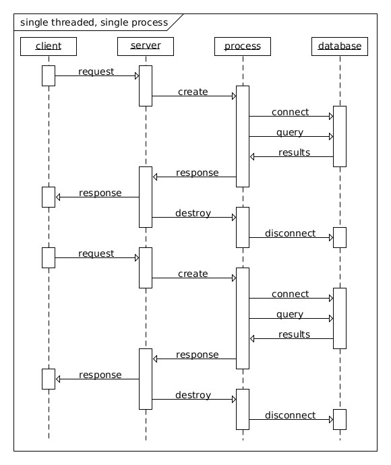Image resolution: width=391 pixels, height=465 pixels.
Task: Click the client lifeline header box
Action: coord(49,46)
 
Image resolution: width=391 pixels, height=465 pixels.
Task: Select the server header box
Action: coord(146,46)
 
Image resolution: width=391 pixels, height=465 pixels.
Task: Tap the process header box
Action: coord(243,46)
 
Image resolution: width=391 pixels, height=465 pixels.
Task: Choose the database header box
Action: coord(339,46)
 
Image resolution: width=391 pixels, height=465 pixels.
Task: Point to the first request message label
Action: coord(96,71)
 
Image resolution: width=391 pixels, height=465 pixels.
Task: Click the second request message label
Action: coord(96,254)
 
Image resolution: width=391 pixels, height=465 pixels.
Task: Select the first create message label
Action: coord(193,92)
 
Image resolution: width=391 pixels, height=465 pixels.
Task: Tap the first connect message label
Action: coord(290,112)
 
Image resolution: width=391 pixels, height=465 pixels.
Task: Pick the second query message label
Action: coord(290,315)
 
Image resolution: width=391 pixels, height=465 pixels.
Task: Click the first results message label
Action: coord(295,152)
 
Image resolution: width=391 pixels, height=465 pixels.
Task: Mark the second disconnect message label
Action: coord(290,415)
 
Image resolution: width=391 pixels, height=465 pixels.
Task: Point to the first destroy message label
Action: coord(193,213)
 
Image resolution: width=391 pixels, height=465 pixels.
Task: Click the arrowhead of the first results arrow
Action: coord(252,156)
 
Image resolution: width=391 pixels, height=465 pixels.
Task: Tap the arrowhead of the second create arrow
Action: coord(234,278)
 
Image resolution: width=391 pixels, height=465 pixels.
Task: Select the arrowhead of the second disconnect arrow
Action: coord(331,419)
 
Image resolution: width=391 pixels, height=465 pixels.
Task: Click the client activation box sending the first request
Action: coord(49,75)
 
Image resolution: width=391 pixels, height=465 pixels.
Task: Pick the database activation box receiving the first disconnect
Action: coord(339,237)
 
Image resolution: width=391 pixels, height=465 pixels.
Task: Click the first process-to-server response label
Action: coord(198,173)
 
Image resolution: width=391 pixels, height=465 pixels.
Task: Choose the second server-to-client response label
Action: coord(100,375)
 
